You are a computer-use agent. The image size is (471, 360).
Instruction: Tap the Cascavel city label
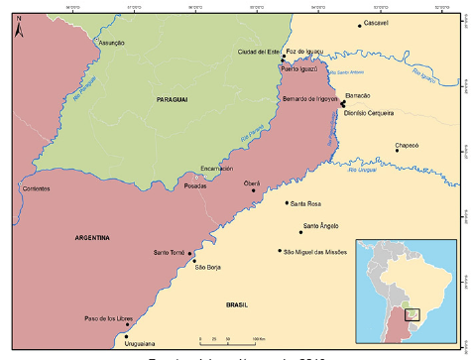(x=378, y=22)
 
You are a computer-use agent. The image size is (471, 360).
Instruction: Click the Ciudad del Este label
(x=259, y=52)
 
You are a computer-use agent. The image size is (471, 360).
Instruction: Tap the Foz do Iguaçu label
(x=304, y=51)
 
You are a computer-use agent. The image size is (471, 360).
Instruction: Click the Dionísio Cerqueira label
(x=369, y=113)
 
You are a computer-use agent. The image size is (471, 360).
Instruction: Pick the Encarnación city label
(x=217, y=168)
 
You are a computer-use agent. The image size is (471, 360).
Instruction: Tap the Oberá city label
(x=252, y=183)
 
